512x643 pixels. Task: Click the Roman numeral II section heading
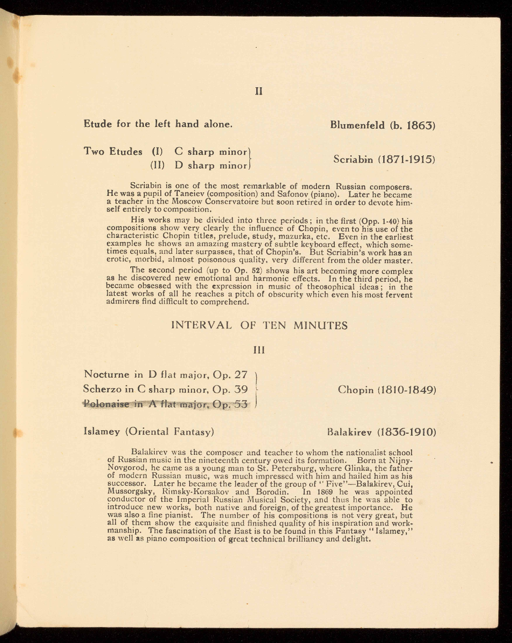[259, 91]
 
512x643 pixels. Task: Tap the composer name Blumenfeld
[357, 125]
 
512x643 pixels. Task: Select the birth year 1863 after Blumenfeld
[419, 125]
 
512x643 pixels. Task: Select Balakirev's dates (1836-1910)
[407, 432]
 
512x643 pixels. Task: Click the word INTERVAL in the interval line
[201, 326]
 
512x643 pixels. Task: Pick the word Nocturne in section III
[107, 375]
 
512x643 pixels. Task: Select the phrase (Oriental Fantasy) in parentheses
[170, 432]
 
